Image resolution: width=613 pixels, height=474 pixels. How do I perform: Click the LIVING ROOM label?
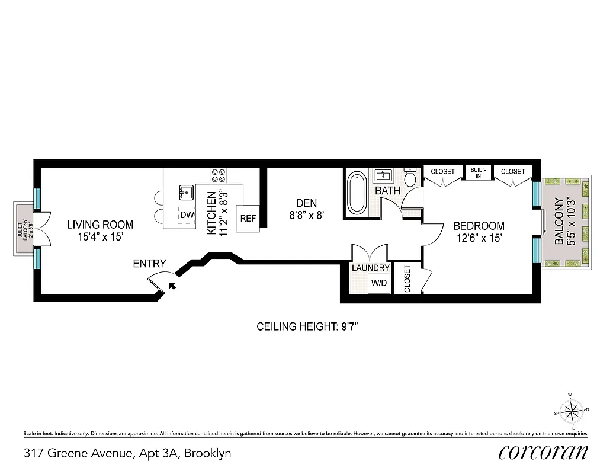click(100, 225)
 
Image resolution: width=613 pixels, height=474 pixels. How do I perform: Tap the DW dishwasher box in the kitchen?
click(187, 214)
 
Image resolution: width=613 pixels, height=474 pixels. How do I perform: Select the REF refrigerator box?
click(248, 218)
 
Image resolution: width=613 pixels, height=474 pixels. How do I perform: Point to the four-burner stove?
click(218, 175)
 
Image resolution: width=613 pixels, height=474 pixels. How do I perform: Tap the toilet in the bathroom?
click(410, 177)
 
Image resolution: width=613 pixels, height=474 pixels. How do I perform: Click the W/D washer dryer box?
click(378, 283)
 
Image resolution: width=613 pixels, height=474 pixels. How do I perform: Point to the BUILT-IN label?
click(478, 172)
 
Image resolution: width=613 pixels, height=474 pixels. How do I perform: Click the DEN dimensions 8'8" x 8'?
click(307, 216)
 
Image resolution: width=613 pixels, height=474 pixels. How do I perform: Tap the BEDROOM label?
click(479, 226)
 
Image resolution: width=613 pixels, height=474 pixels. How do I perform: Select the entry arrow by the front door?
click(172, 286)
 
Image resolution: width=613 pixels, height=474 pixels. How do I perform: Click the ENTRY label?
click(149, 264)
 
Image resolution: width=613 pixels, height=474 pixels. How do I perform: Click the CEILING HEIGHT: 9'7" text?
click(307, 326)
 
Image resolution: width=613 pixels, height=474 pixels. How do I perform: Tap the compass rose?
click(572, 410)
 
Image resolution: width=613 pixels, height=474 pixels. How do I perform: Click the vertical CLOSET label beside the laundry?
click(407, 278)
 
